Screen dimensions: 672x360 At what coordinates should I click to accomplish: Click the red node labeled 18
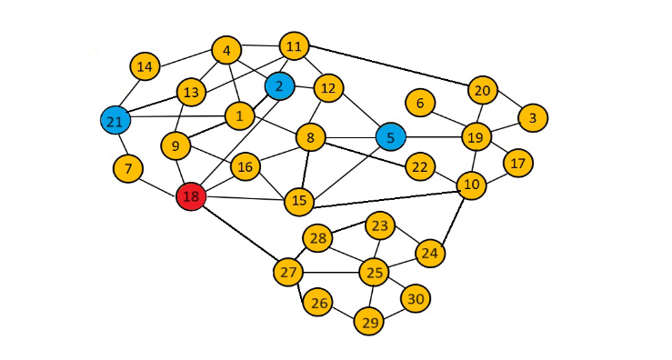click(191, 196)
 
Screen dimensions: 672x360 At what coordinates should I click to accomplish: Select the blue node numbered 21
click(114, 121)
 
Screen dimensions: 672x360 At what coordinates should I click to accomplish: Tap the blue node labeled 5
click(390, 138)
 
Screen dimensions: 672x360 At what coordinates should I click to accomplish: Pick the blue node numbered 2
click(279, 86)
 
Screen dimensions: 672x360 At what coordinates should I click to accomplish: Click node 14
click(145, 66)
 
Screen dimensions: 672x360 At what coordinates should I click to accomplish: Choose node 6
click(420, 103)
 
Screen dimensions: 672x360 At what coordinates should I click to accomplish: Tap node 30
click(415, 299)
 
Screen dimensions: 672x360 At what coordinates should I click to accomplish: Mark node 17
click(517, 164)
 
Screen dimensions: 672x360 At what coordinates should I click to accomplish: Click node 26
click(318, 302)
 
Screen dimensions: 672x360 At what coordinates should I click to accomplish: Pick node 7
click(129, 168)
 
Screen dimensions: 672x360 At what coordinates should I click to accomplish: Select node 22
click(419, 167)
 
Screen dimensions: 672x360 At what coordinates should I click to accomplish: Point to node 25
click(374, 271)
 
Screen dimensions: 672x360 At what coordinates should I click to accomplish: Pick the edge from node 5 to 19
click(432, 138)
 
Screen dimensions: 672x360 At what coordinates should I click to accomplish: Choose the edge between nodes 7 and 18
click(159, 182)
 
